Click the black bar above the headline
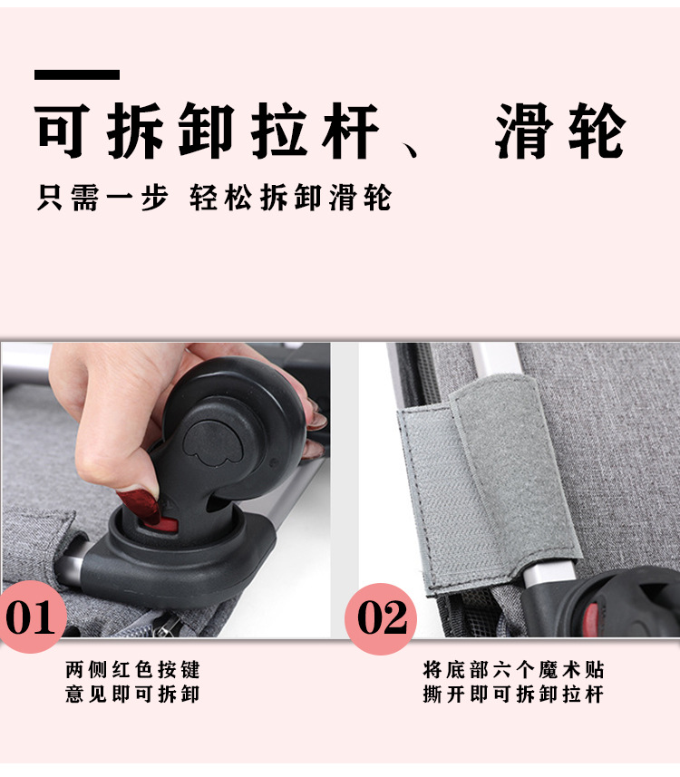click(x=77, y=74)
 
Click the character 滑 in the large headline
click(x=529, y=132)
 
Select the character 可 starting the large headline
click(x=66, y=132)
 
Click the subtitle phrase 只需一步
click(x=102, y=198)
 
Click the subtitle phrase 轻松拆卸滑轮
click(x=291, y=198)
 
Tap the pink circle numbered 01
click(x=33, y=617)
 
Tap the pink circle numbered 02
click(x=381, y=618)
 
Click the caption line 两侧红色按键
click(x=132, y=670)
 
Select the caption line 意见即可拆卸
click(x=132, y=694)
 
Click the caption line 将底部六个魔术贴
click(x=513, y=670)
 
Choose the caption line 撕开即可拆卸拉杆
click(x=513, y=694)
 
